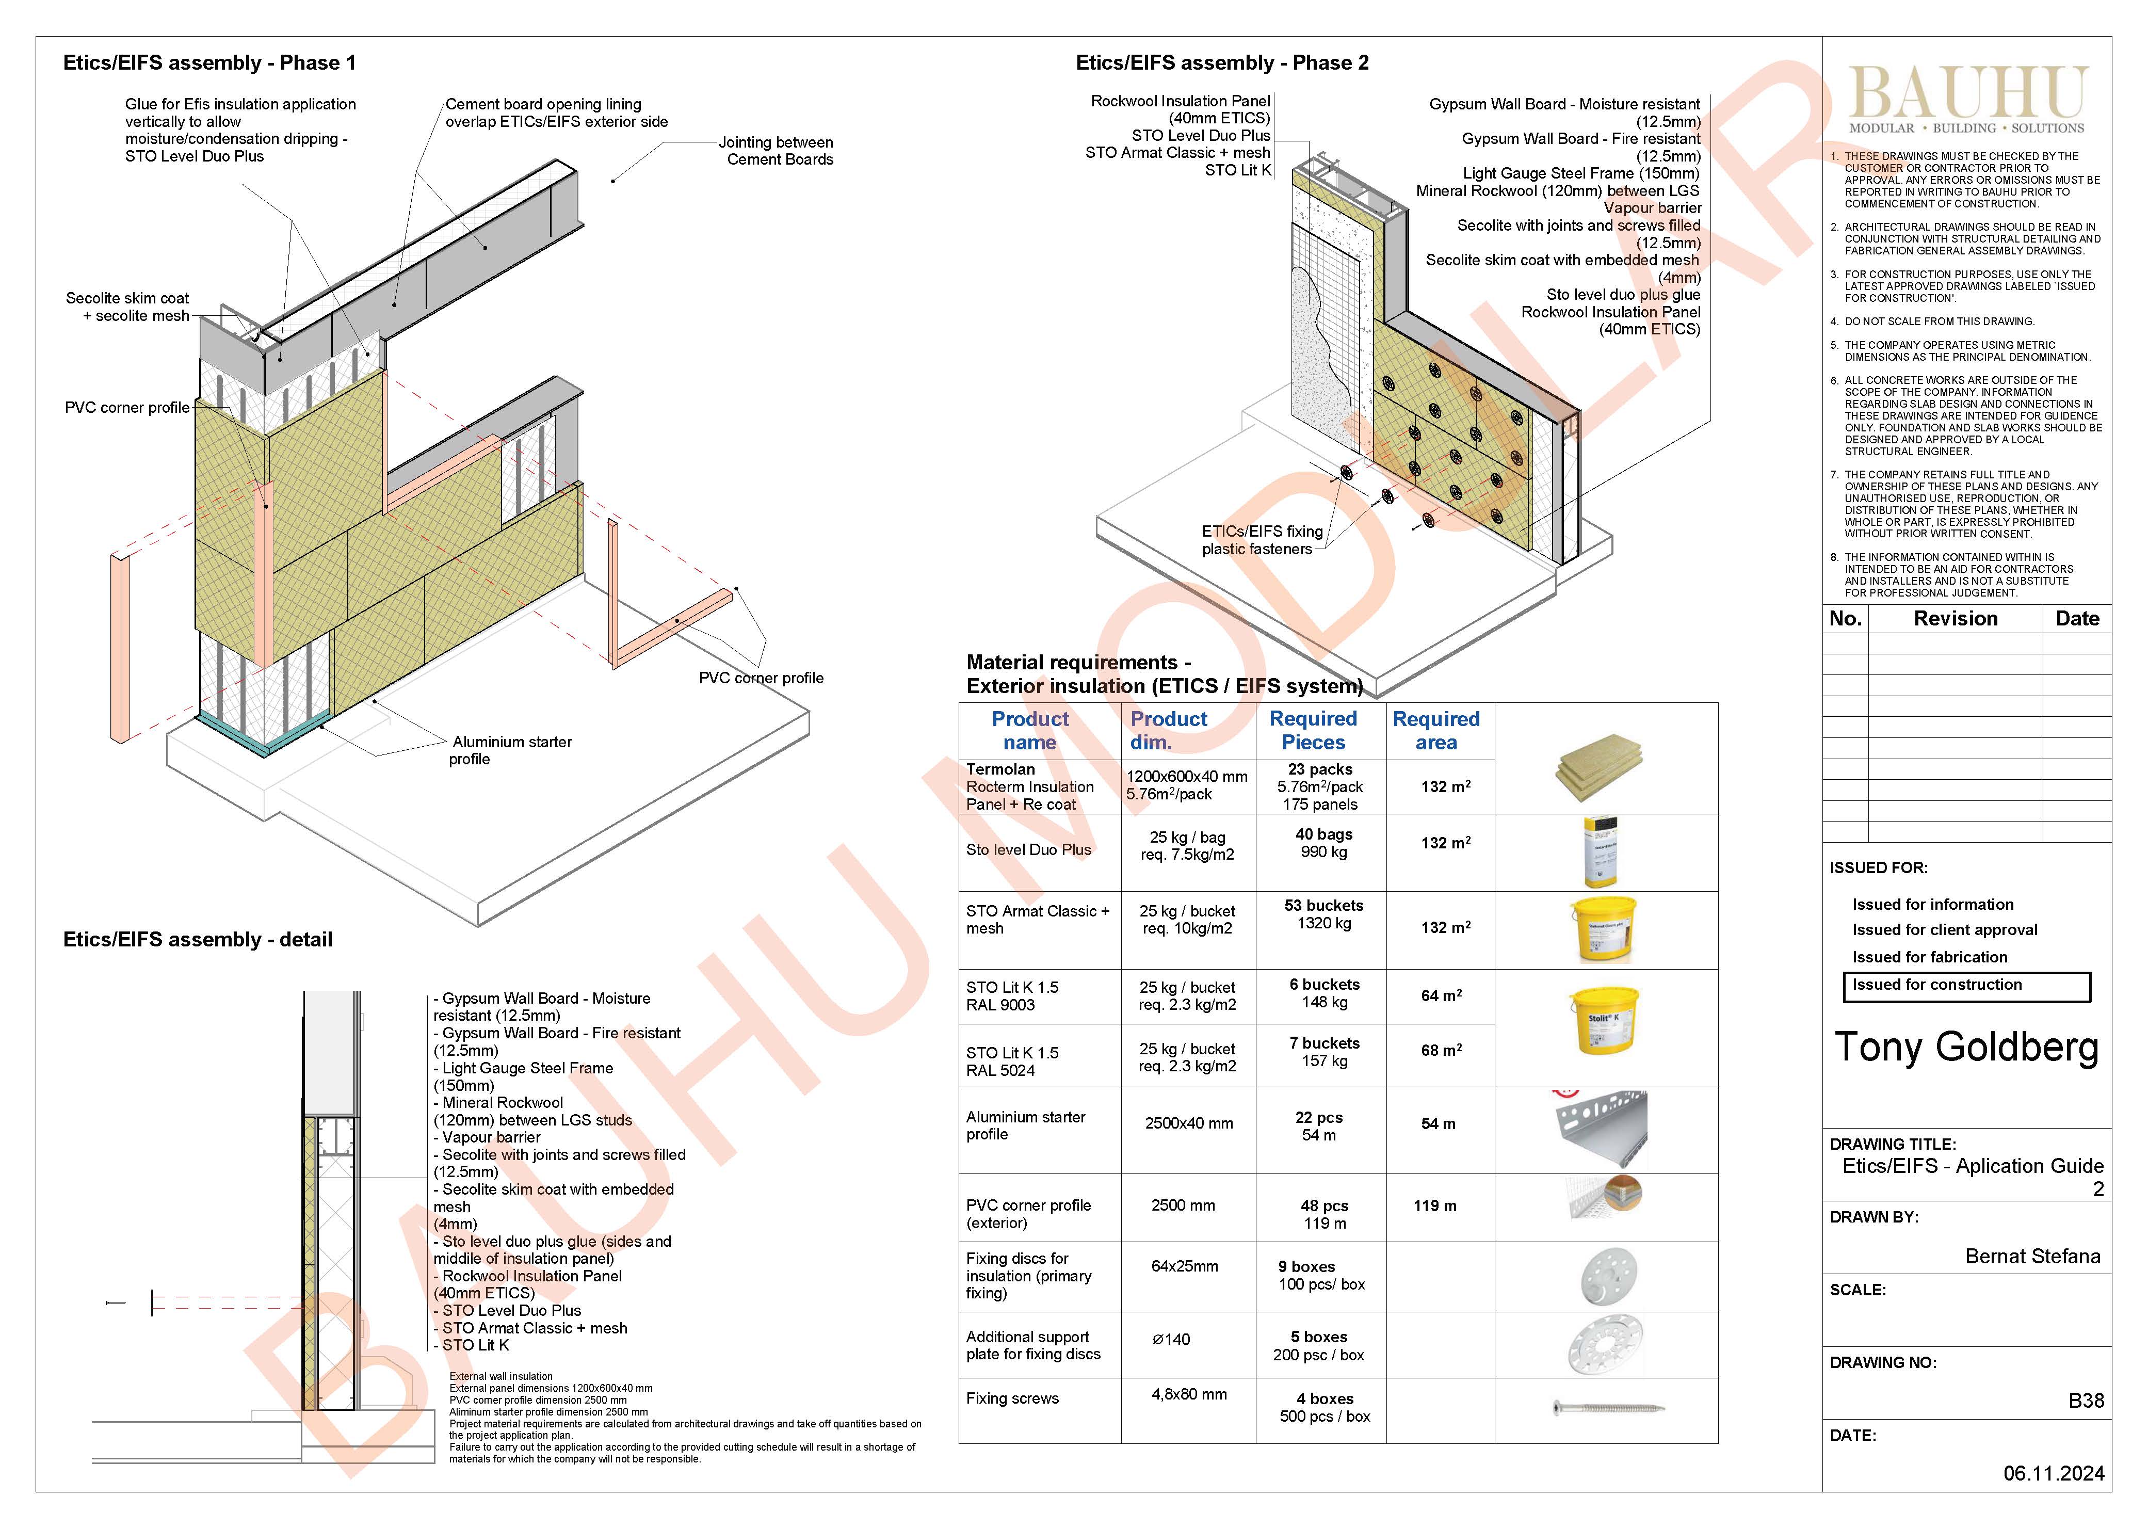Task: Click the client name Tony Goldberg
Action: (x=1966, y=1047)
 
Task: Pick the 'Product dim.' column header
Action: (x=1169, y=730)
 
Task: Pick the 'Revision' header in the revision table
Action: (x=1955, y=618)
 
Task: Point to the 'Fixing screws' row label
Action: (x=1012, y=1398)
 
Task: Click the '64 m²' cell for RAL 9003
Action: (x=1441, y=995)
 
